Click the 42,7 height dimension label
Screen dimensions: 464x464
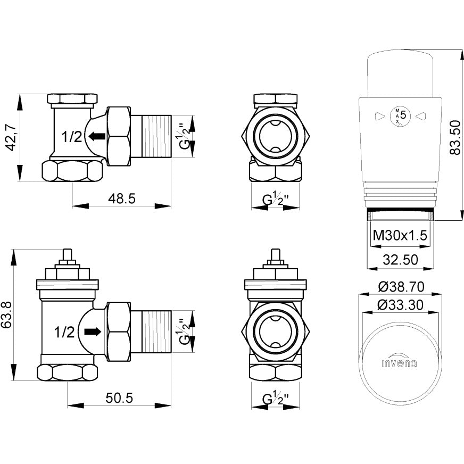(x=10, y=137)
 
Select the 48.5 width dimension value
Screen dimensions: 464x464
(x=122, y=198)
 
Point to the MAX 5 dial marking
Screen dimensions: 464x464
(x=399, y=115)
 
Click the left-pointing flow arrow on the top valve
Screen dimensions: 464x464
(x=96, y=137)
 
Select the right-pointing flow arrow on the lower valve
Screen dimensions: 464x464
(x=92, y=332)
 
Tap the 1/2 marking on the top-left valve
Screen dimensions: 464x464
(x=71, y=137)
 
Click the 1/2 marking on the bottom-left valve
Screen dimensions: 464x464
(x=65, y=333)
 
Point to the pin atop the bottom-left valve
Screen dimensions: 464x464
(x=67, y=256)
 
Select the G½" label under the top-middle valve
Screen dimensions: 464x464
(x=275, y=200)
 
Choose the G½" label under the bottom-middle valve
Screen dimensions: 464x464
(x=275, y=399)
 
